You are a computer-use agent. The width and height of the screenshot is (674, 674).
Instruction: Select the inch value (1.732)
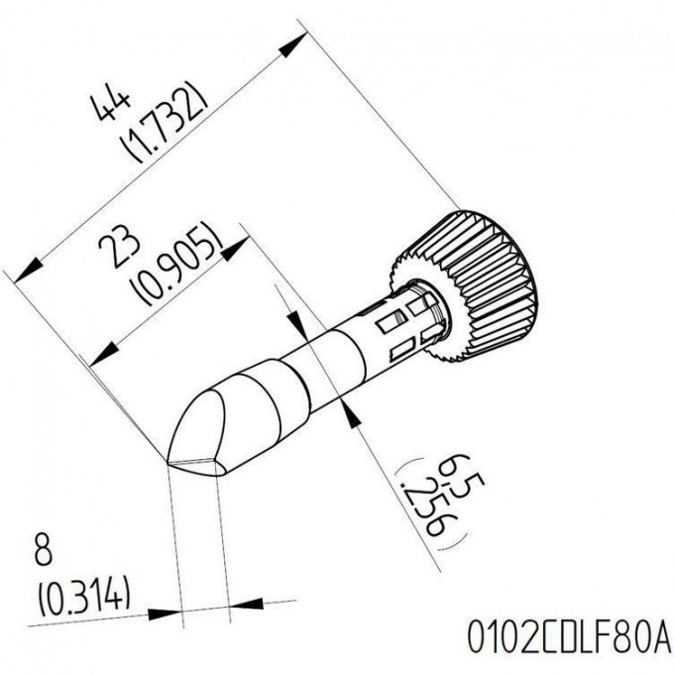pyautogui.click(x=164, y=121)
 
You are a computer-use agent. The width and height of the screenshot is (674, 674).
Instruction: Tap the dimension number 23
pyautogui.click(x=119, y=249)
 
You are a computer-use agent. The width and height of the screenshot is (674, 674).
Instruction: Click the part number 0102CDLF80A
pyautogui.click(x=568, y=636)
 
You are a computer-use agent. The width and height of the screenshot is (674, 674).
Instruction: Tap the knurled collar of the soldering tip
pyautogui.click(x=469, y=282)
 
